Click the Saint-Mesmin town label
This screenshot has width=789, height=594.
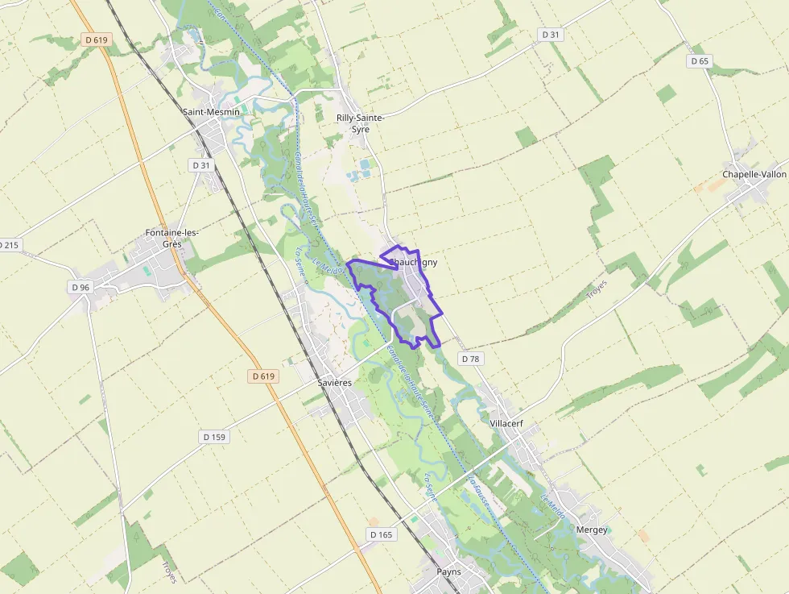coord(211,112)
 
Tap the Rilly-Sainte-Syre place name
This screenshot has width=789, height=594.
coord(360,123)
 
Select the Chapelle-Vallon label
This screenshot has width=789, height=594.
coord(754,174)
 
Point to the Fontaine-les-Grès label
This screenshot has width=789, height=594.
coord(171,238)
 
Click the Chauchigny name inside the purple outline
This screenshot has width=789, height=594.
coord(414,262)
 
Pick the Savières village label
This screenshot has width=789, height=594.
coord(334,383)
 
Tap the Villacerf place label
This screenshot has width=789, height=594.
coord(506,422)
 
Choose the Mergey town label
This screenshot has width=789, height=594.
coord(592,530)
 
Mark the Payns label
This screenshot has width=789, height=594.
coord(448,571)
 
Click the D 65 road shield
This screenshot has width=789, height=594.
coord(700,61)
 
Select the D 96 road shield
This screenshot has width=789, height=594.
coord(81,287)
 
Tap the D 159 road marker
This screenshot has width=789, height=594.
coord(214,437)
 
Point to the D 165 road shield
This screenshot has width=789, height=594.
coord(382,534)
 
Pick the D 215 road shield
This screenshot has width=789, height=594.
coord(9,245)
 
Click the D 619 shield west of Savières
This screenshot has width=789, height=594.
coord(263,376)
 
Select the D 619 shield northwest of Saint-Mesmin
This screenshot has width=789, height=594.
coord(96,39)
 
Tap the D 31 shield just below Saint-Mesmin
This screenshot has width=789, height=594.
coord(200,165)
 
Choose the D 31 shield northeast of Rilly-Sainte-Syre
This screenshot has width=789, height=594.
coord(551,35)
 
